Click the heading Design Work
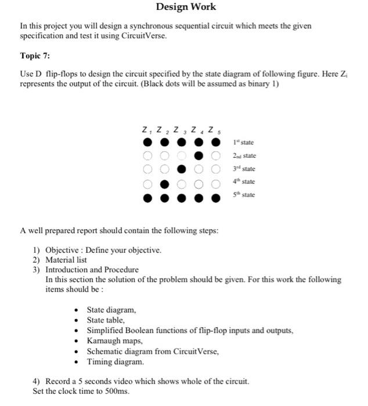186,7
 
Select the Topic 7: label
36,56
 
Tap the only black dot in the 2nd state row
199,156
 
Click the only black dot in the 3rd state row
182,169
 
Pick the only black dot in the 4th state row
164,182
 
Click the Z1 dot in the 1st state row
147,143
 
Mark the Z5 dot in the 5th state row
216,197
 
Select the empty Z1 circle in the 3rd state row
147,169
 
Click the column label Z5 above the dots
214,129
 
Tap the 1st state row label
243,143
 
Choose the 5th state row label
243,195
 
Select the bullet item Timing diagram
114,361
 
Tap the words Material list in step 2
66,260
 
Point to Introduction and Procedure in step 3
92,270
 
